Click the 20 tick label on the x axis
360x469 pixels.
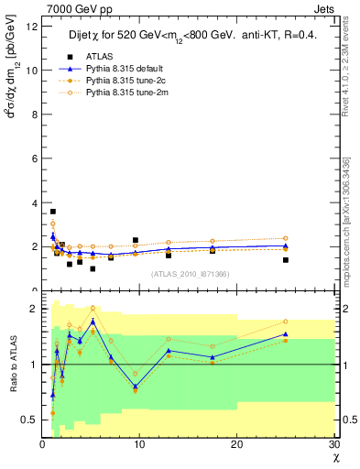tap(236, 444)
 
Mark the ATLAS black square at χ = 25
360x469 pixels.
tap(286, 260)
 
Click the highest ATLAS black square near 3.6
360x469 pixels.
tap(52, 212)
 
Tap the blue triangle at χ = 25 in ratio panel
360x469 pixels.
tap(286, 333)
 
